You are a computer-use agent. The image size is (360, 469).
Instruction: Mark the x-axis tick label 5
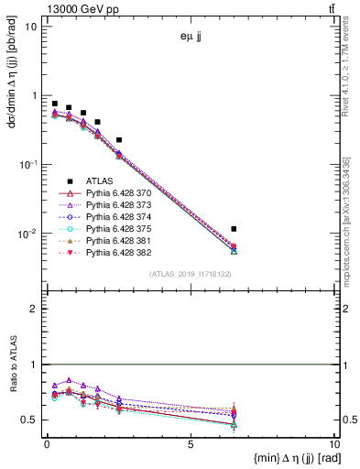click(x=191, y=446)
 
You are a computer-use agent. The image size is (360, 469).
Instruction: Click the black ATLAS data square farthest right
click(x=235, y=228)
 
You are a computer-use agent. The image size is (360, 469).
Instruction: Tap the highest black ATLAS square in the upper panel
click(x=55, y=104)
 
